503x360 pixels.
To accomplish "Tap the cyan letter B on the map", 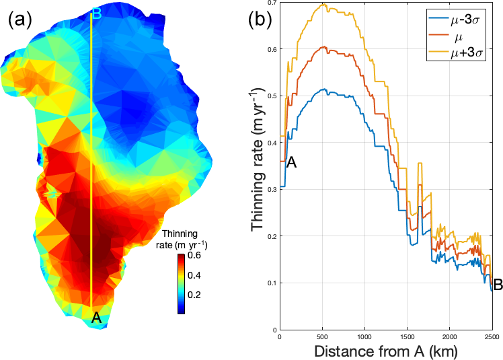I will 96,11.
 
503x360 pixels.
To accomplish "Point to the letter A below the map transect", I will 96,318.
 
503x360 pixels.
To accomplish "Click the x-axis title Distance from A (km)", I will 385,351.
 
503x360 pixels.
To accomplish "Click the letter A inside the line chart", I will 291,161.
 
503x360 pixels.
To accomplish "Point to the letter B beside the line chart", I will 498,285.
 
